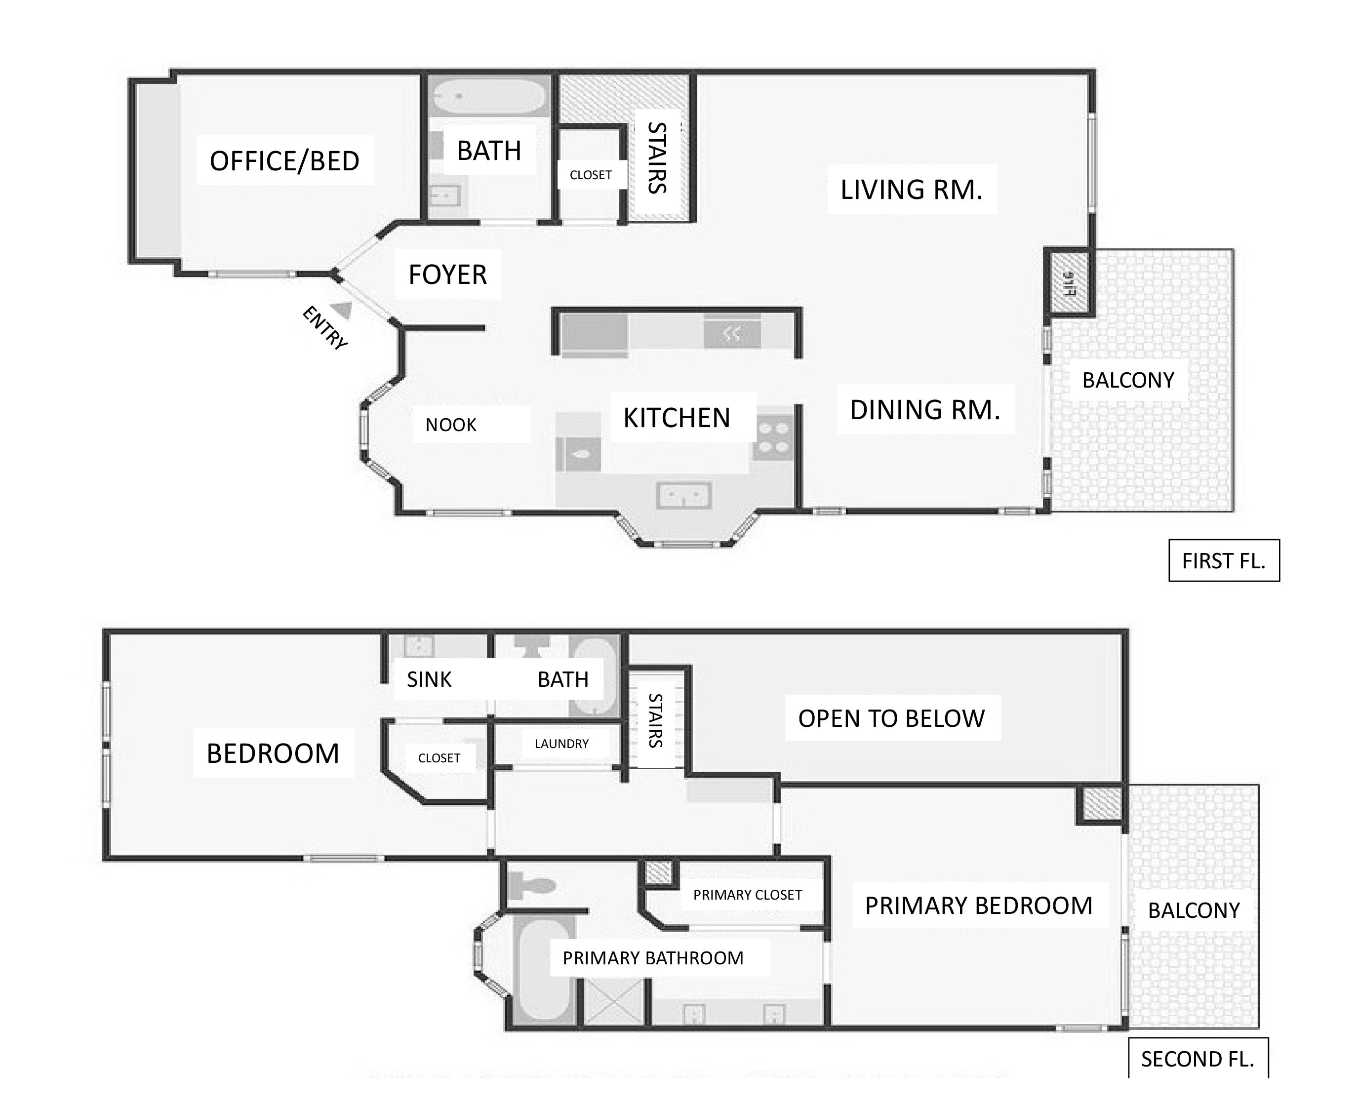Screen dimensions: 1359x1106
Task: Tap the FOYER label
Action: pos(447,275)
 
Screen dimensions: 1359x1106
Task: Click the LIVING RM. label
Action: pos(911,190)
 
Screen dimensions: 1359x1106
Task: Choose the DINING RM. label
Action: pos(925,410)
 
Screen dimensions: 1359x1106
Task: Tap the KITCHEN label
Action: pos(677,418)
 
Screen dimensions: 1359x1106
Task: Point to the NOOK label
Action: pos(451,425)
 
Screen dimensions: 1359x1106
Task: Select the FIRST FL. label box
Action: pos(1224,560)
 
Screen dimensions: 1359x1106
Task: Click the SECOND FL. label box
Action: pos(1198,1059)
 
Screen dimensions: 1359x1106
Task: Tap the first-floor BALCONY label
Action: pos(1128,380)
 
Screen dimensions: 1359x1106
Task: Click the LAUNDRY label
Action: pos(561,744)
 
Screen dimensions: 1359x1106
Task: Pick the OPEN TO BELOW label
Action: pos(891,718)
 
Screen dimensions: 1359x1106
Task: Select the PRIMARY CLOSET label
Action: pos(747,895)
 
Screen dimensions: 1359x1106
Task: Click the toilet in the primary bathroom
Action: pos(531,885)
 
